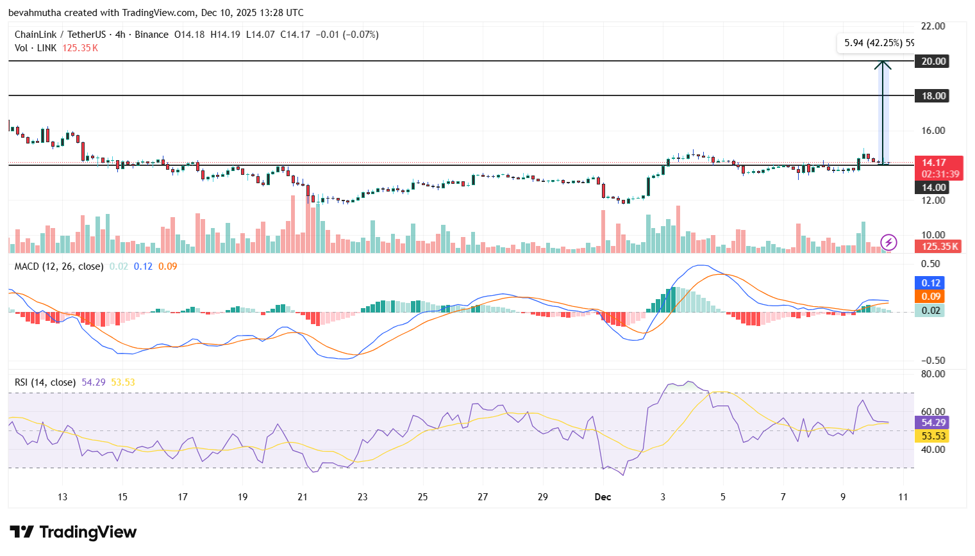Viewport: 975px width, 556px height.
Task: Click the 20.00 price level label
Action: [933, 61]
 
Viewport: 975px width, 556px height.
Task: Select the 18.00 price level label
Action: [933, 96]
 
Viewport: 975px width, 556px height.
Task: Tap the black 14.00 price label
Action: [933, 188]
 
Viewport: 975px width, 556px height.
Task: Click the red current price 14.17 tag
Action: [939, 168]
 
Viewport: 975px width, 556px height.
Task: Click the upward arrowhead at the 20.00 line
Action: [883, 65]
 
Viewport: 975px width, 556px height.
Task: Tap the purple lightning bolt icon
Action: [888, 242]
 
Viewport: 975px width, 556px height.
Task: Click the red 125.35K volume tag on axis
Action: [939, 247]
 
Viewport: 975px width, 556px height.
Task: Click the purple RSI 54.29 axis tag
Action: [933, 423]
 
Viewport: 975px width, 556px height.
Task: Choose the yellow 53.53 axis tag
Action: [933, 436]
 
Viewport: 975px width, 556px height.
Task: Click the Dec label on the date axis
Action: [603, 497]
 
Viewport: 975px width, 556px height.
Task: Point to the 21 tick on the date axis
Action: [303, 497]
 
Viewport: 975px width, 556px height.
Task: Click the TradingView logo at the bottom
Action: [73, 532]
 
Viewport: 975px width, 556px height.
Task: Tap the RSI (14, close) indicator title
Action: [45, 382]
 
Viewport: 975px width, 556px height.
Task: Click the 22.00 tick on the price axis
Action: [933, 26]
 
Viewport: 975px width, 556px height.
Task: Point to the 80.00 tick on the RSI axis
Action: [933, 374]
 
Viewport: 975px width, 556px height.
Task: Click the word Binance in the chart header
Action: [151, 35]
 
